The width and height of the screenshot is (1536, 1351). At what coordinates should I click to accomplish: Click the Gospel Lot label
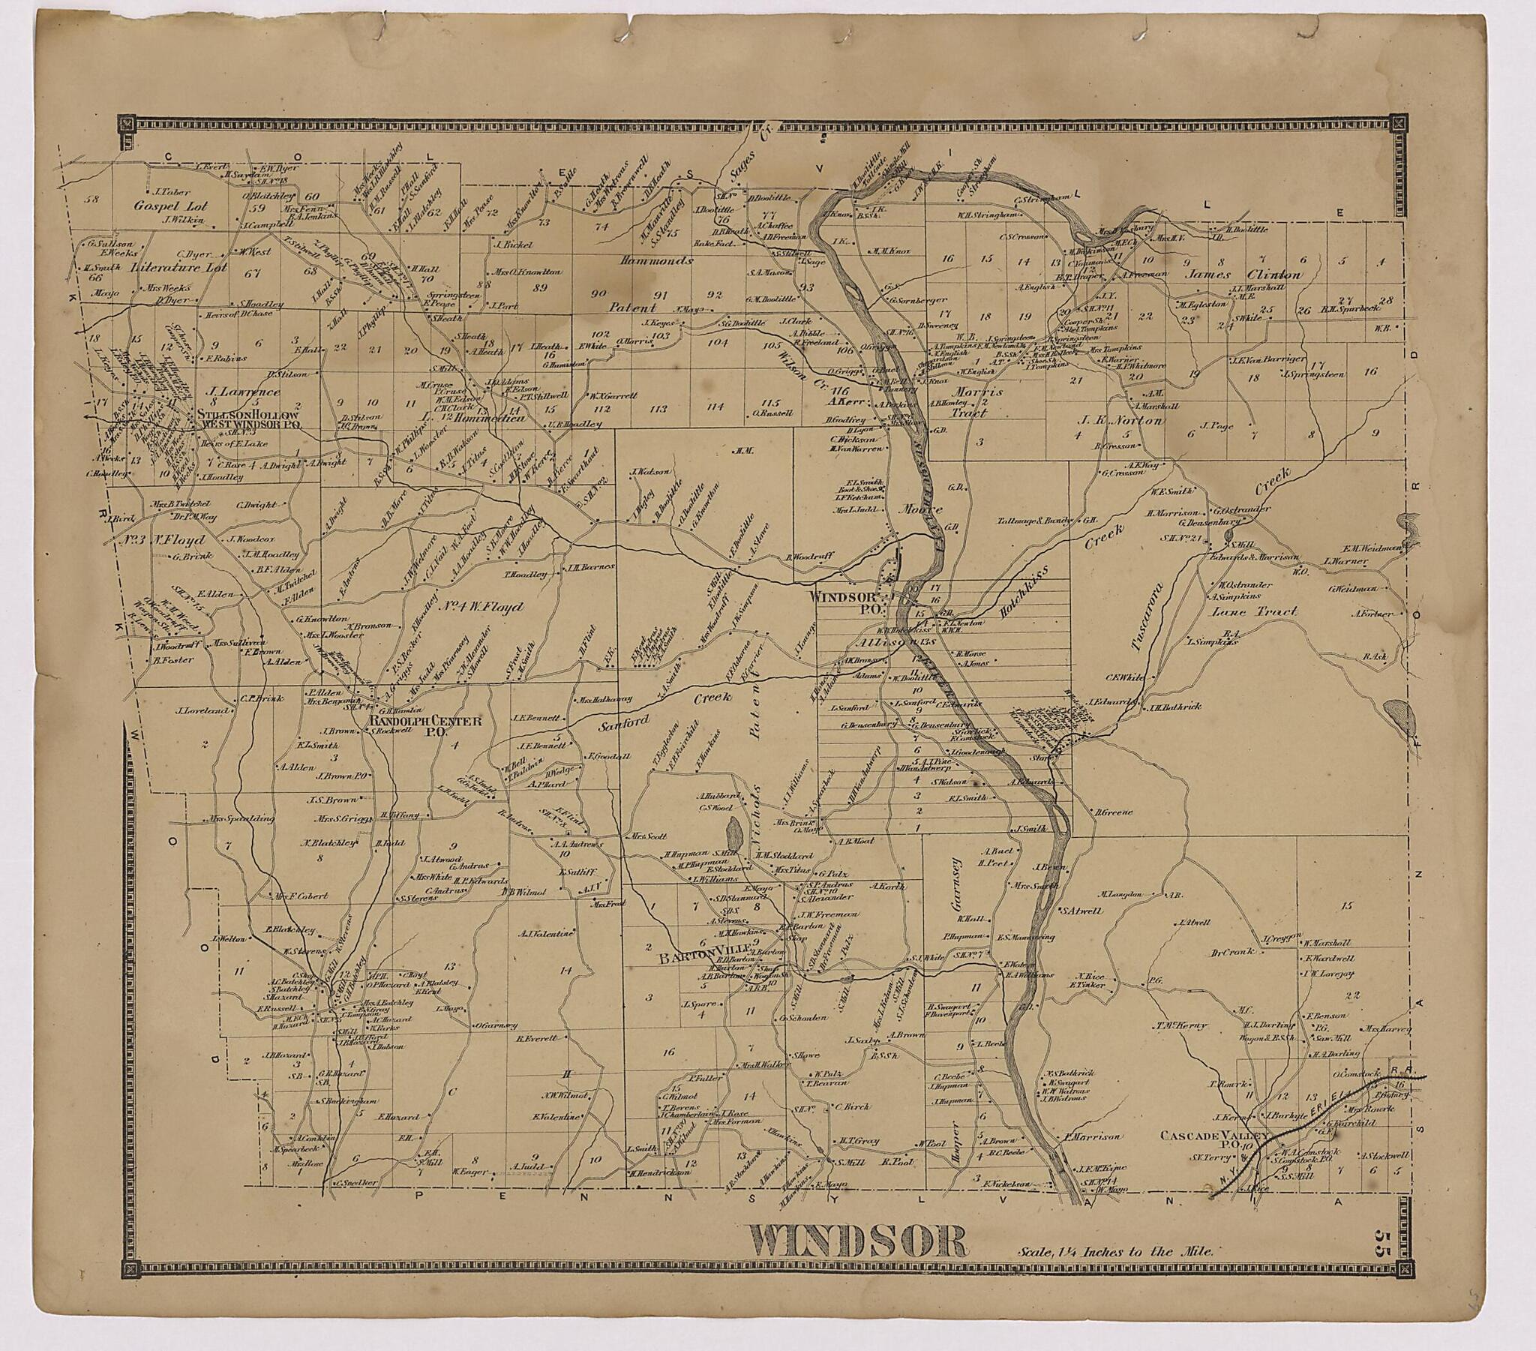[170, 206]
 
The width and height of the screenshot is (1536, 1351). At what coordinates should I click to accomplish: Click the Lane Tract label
[1263, 611]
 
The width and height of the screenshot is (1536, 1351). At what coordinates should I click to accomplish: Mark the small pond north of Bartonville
[733, 835]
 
